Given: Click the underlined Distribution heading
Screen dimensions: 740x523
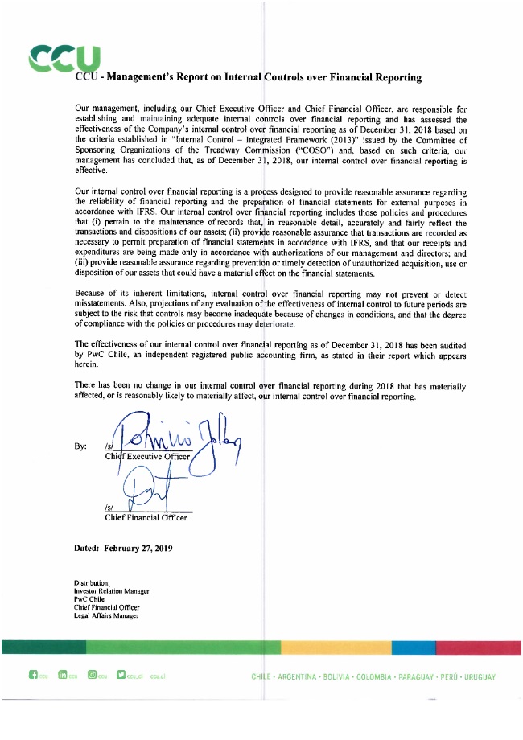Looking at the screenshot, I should [x=92, y=583].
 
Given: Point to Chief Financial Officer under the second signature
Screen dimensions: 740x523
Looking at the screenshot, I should [x=146, y=517].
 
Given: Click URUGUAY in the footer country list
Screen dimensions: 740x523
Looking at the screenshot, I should [x=478, y=677].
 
